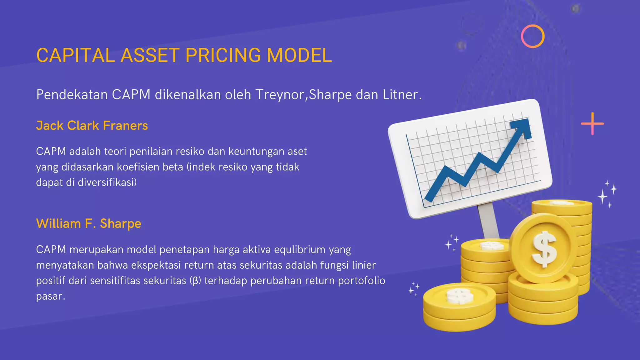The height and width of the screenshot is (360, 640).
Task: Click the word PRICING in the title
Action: (x=223, y=56)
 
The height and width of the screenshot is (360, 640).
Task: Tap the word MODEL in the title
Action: (x=299, y=56)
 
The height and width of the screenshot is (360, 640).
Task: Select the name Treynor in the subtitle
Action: (x=280, y=95)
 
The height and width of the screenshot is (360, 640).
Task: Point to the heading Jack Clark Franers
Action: (x=92, y=126)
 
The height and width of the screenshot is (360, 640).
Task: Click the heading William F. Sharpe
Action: (x=89, y=224)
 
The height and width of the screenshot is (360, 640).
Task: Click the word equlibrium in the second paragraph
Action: (x=300, y=250)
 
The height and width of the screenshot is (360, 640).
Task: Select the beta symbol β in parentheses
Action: (x=195, y=281)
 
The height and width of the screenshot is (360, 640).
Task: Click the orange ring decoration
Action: (x=532, y=36)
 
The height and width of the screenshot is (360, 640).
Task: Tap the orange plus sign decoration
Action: (x=592, y=124)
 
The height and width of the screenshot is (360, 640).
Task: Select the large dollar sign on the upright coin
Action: (x=544, y=249)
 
